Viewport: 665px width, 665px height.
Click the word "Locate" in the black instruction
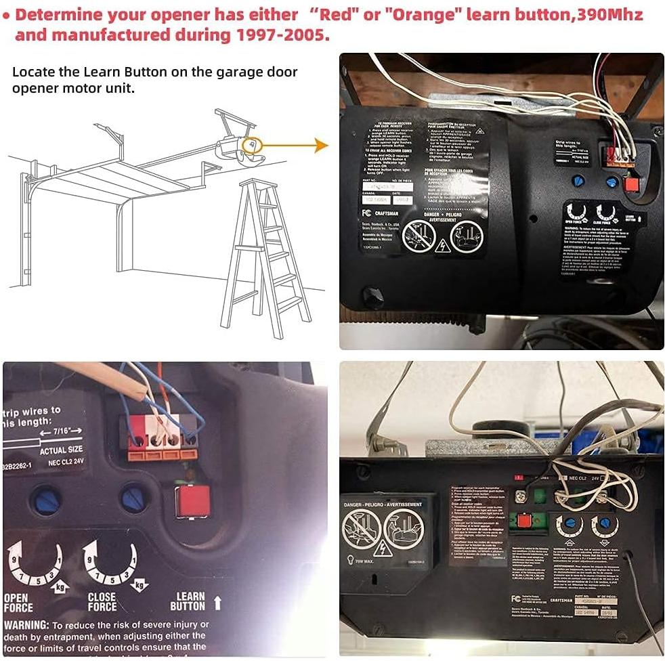click(x=34, y=72)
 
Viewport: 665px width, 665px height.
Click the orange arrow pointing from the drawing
click(x=295, y=145)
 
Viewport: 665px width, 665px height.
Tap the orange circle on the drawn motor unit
click(x=251, y=144)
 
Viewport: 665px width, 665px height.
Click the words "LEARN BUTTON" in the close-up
click(x=188, y=601)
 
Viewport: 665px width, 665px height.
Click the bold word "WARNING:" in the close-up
click(x=26, y=624)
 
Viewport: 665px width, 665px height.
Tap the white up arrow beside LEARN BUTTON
click(x=217, y=602)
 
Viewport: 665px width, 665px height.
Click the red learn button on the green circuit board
click(x=523, y=521)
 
